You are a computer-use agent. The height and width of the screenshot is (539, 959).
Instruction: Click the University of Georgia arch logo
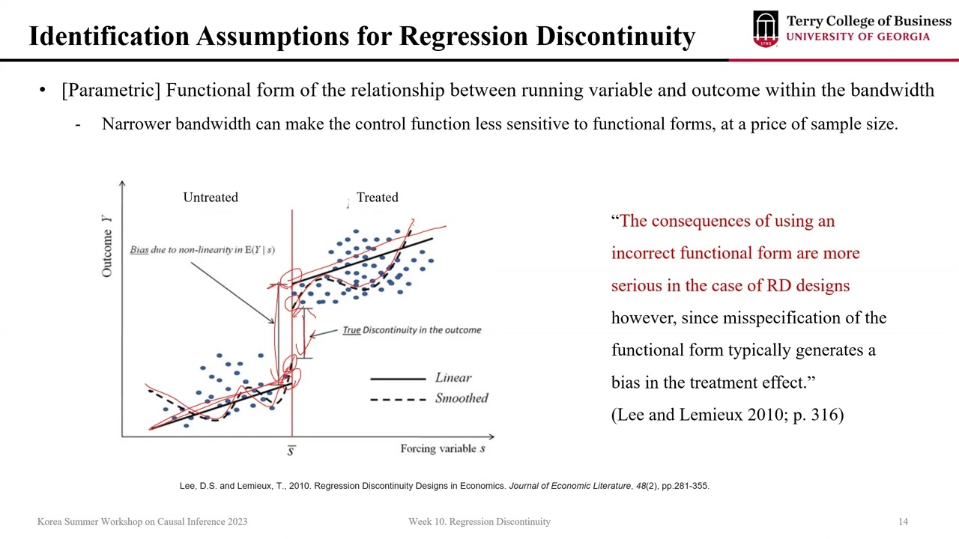[x=766, y=29]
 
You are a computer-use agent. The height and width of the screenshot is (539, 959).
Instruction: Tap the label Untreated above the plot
[x=211, y=198]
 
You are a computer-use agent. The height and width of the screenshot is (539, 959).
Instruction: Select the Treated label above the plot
[x=377, y=198]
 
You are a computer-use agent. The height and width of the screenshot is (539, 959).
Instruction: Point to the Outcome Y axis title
[x=107, y=245]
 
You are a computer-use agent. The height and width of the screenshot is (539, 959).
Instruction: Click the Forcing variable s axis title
[x=443, y=448]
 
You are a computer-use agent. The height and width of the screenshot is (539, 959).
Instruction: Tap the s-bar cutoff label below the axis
[x=291, y=449]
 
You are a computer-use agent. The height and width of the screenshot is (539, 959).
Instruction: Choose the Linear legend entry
[x=453, y=377]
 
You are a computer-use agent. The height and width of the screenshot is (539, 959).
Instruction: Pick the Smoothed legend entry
[x=462, y=398]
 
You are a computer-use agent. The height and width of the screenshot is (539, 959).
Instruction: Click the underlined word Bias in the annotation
[x=139, y=250]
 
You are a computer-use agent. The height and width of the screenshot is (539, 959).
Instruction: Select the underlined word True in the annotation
[x=351, y=330]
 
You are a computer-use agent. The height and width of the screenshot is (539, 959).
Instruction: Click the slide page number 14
[x=903, y=522]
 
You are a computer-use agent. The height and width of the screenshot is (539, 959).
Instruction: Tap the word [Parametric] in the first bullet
[x=111, y=91]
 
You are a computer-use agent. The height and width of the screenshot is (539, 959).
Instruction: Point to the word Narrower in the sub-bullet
[x=136, y=124]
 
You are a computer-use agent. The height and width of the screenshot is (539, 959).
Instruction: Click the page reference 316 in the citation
[x=827, y=415]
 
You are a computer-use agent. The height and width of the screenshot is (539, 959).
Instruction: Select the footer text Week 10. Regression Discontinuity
[x=479, y=522]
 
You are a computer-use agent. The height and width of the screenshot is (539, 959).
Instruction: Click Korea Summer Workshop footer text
[x=142, y=522]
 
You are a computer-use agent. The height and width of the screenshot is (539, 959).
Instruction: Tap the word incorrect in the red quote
[x=646, y=253]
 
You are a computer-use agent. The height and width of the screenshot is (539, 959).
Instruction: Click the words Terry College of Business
[x=868, y=21]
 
